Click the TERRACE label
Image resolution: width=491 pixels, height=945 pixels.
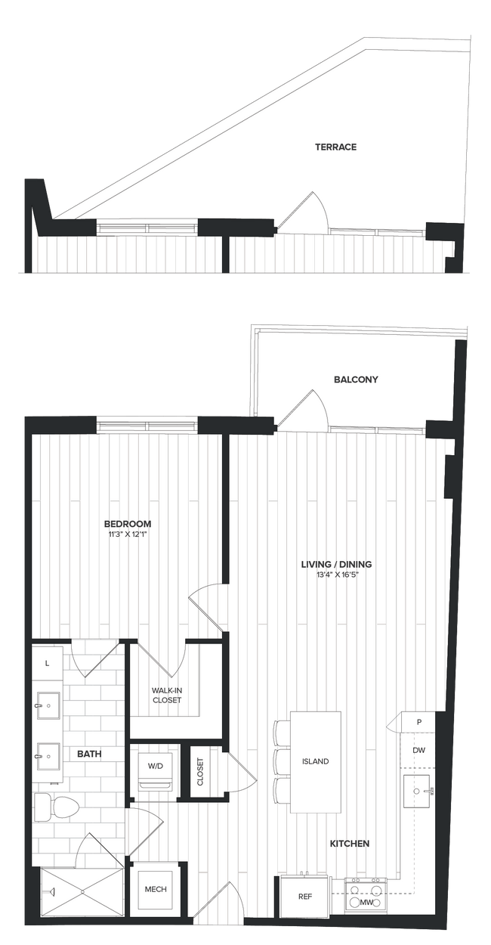[x=335, y=147]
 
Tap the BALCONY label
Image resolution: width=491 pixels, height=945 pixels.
[x=355, y=380]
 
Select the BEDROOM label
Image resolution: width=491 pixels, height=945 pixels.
[x=128, y=523]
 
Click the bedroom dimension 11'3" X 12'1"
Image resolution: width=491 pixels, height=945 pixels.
[x=128, y=534]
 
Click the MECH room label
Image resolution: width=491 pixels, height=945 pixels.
[x=156, y=889]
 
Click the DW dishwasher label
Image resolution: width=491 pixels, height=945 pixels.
[x=418, y=750]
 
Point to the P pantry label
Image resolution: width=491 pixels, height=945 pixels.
[x=419, y=722]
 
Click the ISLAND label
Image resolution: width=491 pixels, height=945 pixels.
[x=316, y=761]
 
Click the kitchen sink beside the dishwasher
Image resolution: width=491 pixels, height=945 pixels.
[x=420, y=792]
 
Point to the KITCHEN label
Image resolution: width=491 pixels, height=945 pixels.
[x=348, y=843]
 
